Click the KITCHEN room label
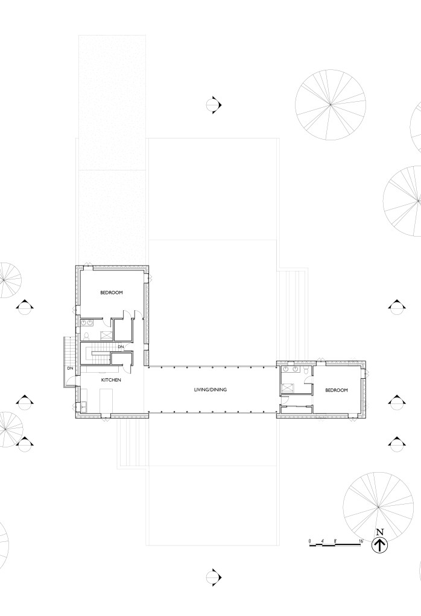[111, 380]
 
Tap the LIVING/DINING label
[210, 390]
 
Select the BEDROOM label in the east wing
[337, 390]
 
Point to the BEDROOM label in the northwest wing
[112, 292]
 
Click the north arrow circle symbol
[380, 546]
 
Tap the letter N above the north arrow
[380, 532]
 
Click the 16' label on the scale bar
[361, 541]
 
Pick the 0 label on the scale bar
[309, 541]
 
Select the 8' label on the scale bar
[335, 541]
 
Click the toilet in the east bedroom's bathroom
[305, 370]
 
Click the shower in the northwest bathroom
[105, 335]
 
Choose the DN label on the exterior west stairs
[70, 369]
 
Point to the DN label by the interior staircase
[121, 346]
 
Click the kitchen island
[106, 400]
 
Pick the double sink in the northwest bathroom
[87, 323]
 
